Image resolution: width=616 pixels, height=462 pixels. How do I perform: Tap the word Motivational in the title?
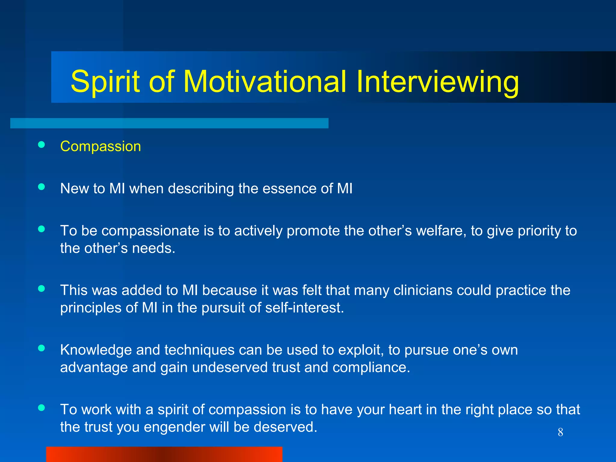pos(265,81)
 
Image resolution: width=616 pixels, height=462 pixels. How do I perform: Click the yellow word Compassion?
pos(100,147)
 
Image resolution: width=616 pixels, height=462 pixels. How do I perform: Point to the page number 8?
pos(560,432)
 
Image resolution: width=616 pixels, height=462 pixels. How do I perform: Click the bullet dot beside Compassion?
pos(42,145)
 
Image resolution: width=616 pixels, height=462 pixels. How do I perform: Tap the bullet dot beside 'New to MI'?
pos(42,187)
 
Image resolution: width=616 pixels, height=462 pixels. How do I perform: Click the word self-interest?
pos(304,308)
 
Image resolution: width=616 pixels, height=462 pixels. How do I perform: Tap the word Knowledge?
pos(96,350)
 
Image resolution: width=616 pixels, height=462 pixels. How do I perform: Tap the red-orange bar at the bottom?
pos(164,454)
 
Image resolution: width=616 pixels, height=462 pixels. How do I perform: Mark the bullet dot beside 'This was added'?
pos(42,288)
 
